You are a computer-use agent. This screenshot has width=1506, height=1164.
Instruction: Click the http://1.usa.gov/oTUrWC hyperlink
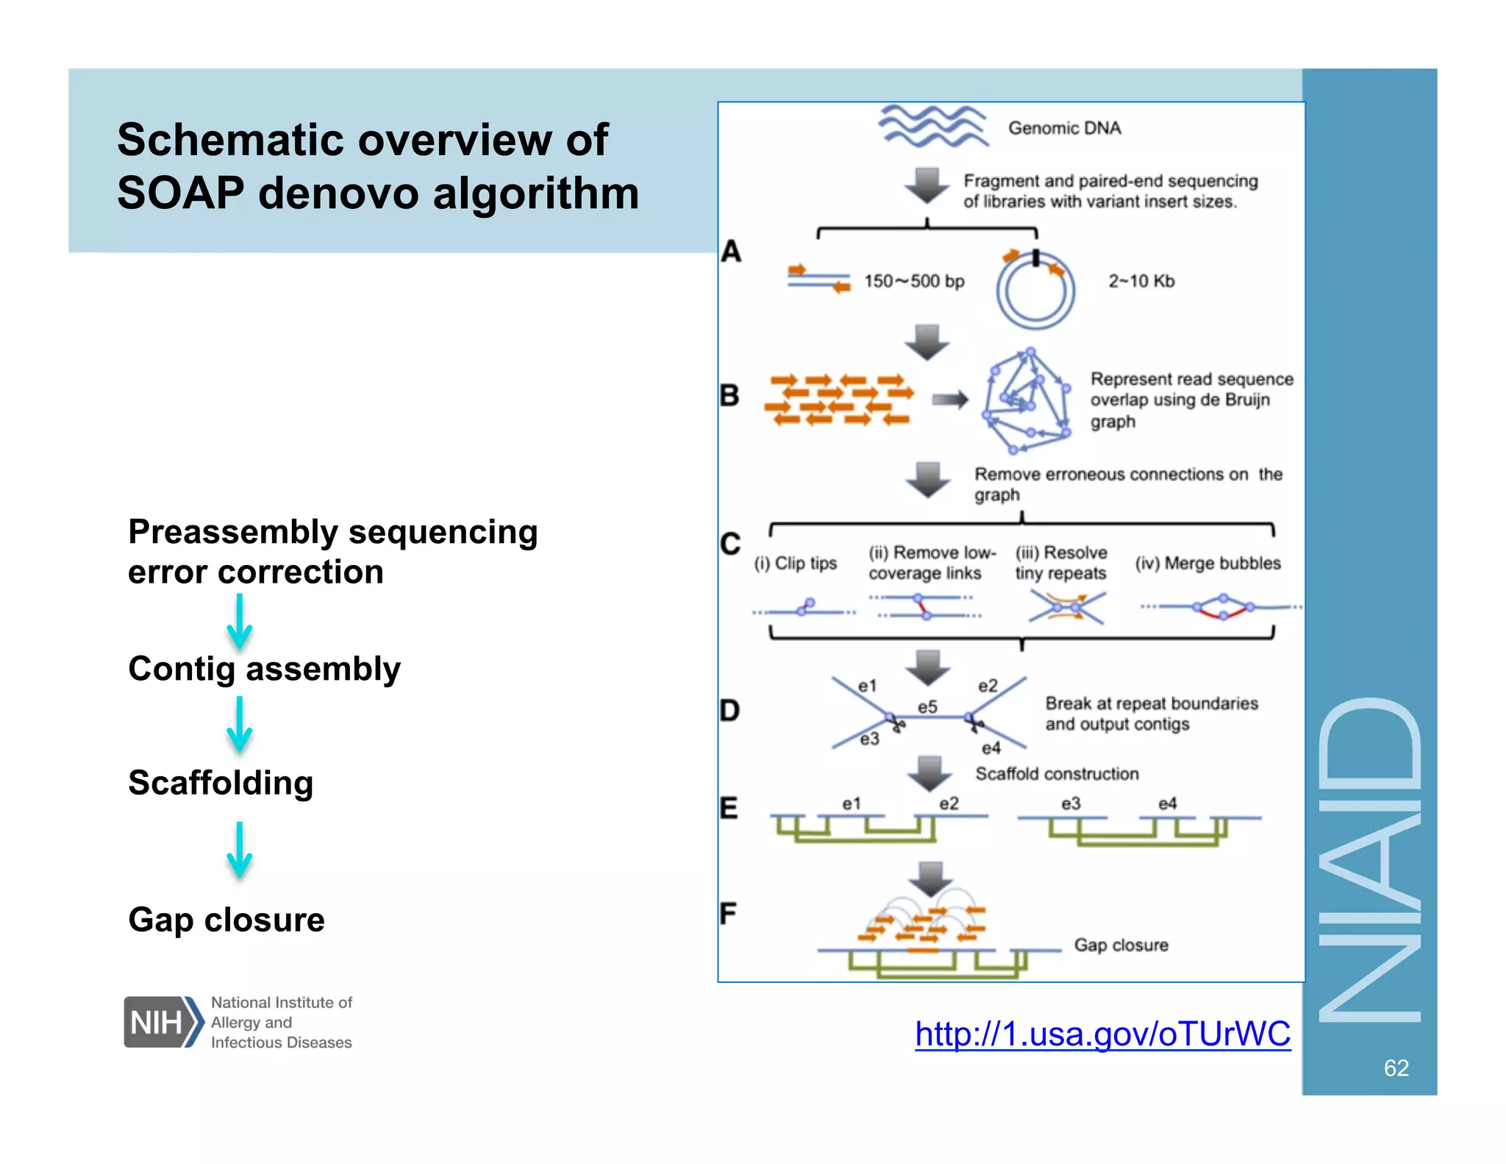click(x=1102, y=1034)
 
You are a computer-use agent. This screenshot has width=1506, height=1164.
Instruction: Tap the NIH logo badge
click(x=163, y=1021)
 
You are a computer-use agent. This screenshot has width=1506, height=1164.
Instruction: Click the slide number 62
click(x=1396, y=1068)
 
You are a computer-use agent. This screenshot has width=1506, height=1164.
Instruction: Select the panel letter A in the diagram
click(x=730, y=252)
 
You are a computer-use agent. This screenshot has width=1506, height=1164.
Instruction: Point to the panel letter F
click(x=728, y=914)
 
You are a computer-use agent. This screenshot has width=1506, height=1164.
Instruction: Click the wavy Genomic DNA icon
click(x=932, y=126)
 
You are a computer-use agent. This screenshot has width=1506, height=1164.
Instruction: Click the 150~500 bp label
click(x=913, y=281)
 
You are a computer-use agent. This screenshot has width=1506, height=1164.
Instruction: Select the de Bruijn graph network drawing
click(x=1027, y=401)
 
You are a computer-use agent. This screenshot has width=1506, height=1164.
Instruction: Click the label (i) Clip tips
click(x=795, y=563)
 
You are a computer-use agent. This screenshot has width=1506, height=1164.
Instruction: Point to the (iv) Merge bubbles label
click(x=1207, y=563)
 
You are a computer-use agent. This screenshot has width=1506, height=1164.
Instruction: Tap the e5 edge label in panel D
click(x=927, y=707)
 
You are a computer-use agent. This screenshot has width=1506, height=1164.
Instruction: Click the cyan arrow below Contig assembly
click(x=239, y=725)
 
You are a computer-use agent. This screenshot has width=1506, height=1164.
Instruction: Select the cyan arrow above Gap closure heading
click(x=239, y=850)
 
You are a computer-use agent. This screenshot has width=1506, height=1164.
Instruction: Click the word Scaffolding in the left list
click(x=221, y=782)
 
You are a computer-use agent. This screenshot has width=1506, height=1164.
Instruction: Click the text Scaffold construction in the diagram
click(x=1057, y=774)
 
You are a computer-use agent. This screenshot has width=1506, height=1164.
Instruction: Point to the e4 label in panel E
click(x=1167, y=803)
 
